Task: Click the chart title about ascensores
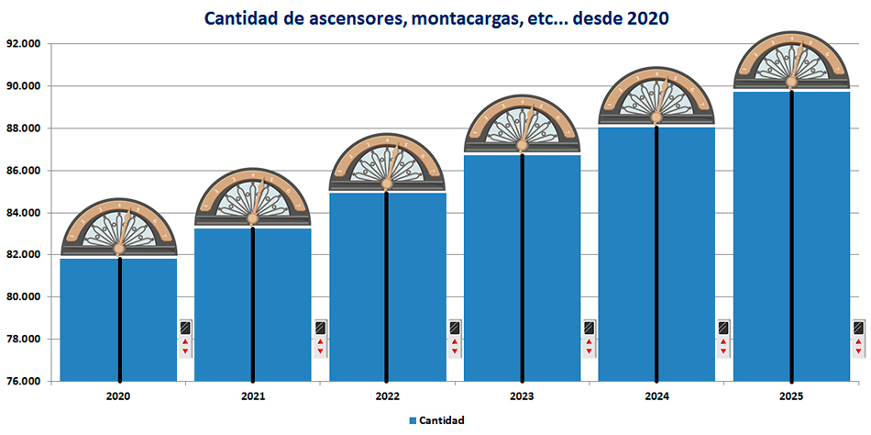[436, 17]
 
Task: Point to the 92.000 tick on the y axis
[25, 44]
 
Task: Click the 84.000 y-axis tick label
[25, 213]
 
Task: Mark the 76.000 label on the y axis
[25, 382]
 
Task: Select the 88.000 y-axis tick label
[25, 128]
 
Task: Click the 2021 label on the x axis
[253, 397]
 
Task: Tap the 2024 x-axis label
[656, 397]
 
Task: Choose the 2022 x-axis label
[387, 397]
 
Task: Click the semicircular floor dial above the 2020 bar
[118, 229]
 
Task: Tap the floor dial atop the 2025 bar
[791, 61]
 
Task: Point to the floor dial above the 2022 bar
[387, 163]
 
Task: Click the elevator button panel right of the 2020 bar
[185, 338]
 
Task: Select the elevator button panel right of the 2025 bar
[858, 338]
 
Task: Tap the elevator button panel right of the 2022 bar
[455, 338]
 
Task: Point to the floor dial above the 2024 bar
[656, 96]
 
